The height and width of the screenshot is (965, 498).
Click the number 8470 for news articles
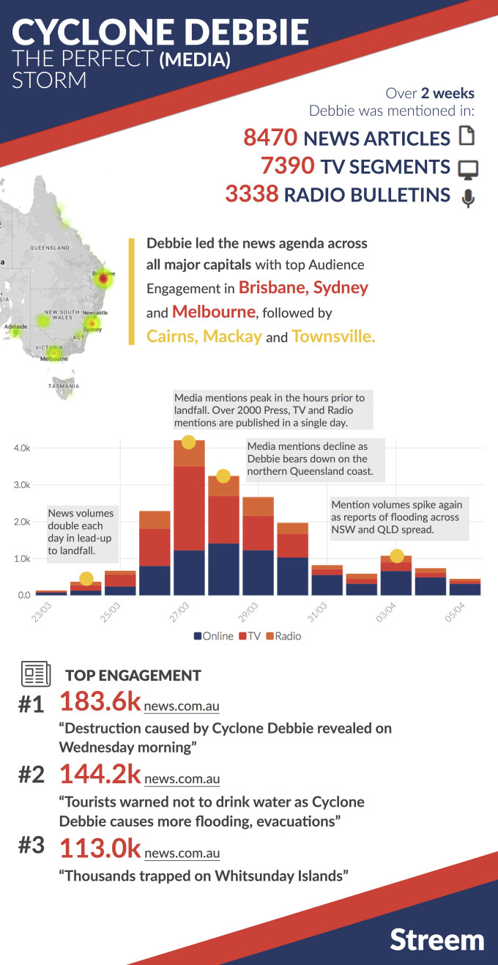pos(270,138)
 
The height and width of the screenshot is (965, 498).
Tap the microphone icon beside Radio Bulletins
pos(468,197)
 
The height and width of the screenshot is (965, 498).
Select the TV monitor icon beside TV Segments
pos(467,169)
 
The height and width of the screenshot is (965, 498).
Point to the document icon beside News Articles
pos(467,136)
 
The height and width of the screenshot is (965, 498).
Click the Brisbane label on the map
pos(103,273)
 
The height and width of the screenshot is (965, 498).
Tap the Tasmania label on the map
pos(64,385)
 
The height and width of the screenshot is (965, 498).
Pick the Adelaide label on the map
pos(15,326)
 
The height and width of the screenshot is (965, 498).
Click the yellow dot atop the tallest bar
pos(188,442)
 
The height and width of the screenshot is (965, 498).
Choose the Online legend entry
pos(213,636)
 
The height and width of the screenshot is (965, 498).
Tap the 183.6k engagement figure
pos(100,701)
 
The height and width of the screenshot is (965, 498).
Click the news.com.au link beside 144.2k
pos(182,779)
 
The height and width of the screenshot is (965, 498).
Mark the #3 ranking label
pos(31,846)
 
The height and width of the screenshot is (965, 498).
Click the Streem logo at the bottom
pos(436,939)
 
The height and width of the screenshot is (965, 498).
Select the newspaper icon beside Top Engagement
pos(35,673)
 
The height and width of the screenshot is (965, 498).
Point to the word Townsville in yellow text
pos(333,336)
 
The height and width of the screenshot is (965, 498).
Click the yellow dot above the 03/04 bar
pos(397,556)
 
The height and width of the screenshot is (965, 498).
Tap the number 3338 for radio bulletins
pos(252,194)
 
